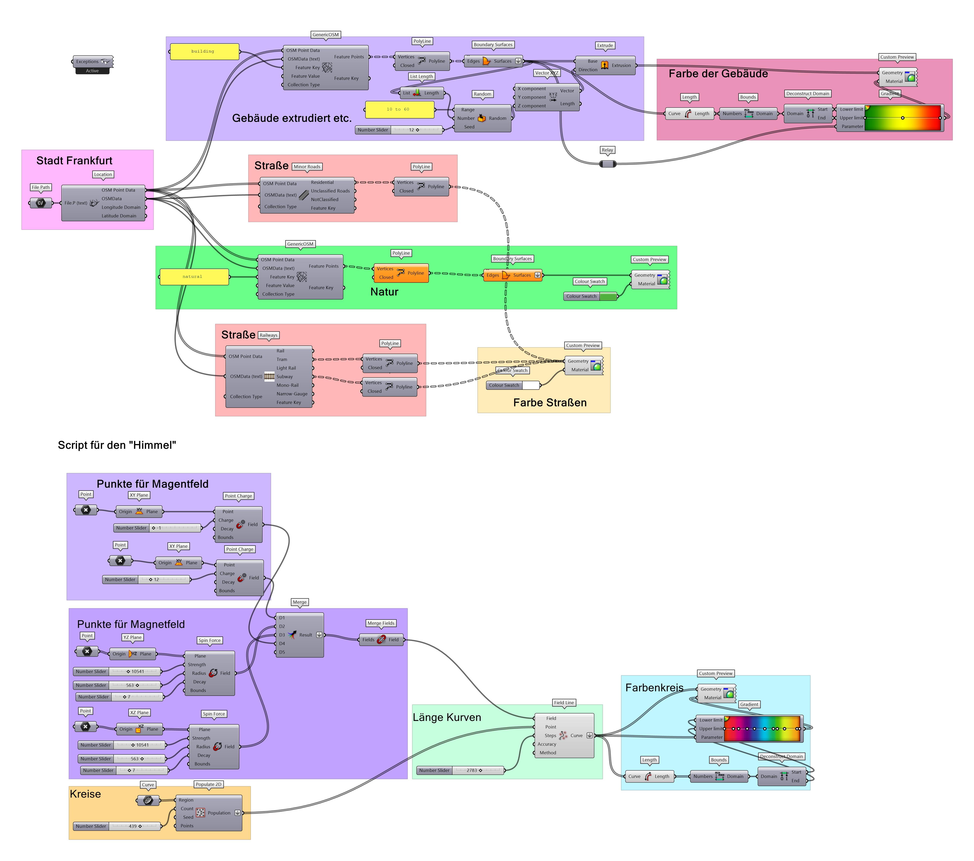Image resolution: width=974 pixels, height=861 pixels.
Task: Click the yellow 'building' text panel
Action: point(204,51)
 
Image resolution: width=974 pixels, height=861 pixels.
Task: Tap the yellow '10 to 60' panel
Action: point(399,110)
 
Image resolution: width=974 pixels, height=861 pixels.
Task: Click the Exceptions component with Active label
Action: point(93,62)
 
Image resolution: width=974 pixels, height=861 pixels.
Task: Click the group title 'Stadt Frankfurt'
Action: point(74,161)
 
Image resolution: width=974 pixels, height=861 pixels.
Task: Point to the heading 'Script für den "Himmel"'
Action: point(117,445)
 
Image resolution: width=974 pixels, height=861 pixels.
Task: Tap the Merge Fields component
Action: point(381,640)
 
